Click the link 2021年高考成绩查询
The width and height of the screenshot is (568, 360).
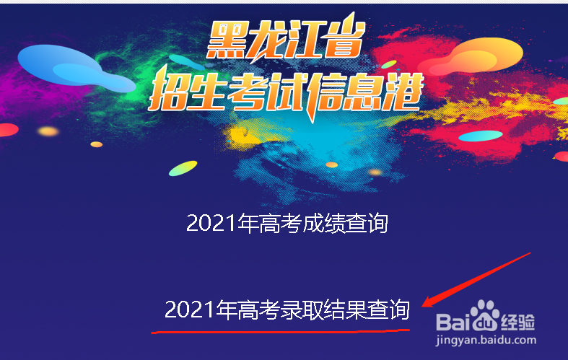(287, 223)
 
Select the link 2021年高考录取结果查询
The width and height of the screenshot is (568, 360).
(287, 309)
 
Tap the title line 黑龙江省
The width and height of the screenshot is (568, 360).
(287, 38)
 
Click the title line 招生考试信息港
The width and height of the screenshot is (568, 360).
(287, 92)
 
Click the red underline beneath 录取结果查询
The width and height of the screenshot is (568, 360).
(280, 331)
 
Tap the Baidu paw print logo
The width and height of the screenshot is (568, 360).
(485, 315)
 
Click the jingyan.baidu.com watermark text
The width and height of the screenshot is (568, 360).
(486, 341)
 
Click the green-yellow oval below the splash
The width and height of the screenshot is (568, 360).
(183, 168)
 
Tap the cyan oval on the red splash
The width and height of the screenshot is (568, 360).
(481, 136)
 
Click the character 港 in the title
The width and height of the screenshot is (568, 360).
(403, 92)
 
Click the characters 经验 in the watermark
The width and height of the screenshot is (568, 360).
(518, 322)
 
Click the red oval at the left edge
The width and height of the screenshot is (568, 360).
(8, 130)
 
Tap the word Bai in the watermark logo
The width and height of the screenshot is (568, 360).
(453, 322)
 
